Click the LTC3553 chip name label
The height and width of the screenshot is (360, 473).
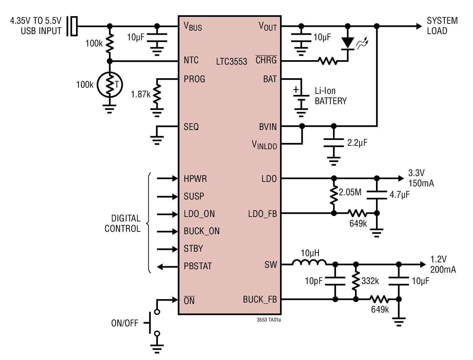pyautogui.click(x=232, y=62)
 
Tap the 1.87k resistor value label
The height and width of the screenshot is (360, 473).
pyautogui.click(x=141, y=94)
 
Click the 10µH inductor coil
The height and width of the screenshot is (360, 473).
pyautogui.click(x=310, y=263)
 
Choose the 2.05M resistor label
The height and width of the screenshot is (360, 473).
pyautogui.click(x=350, y=192)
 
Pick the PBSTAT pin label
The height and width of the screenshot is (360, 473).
pyautogui.click(x=198, y=266)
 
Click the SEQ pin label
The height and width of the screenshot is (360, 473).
pyautogui.click(x=191, y=127)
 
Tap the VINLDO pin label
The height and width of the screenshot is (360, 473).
pyautogui.click(x=264, y=145)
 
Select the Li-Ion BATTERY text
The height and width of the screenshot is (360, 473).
pyautogui.click(x=331, y=96)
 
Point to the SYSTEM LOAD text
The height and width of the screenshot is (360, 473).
pyautogui.click(x=442, y=26)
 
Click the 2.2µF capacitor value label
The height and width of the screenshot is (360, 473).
pyautogui.click(x=357, y=143)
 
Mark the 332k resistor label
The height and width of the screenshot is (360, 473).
pyautogui.click(x=370, y=281)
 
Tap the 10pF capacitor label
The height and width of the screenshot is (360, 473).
pyautogui.click(x=314, y=281)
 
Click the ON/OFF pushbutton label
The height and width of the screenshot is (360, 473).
pyautogui.click(x=125, y=323)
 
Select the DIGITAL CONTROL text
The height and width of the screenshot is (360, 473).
pyautogui.click(x=123, y=223)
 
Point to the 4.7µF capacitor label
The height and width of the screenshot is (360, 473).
pyautogui.click(x=400, y=195)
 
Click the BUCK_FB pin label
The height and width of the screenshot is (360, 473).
pyautogui.click(x=260, y=299)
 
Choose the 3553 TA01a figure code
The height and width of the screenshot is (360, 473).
pyautogui.click(x=269, y=320)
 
